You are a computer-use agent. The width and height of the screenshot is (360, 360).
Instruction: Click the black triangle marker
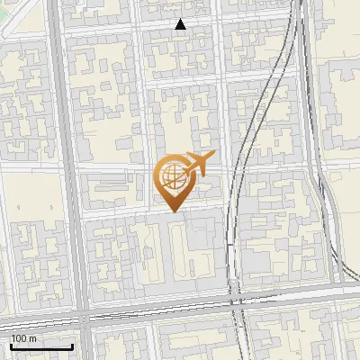point(181,24)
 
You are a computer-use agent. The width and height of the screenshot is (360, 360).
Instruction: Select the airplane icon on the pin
point(196,165)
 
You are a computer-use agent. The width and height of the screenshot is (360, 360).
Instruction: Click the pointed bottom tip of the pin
point(173,211)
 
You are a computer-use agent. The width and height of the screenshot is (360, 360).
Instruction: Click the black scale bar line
point(41,346)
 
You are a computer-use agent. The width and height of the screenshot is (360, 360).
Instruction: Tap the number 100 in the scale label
point(19,338)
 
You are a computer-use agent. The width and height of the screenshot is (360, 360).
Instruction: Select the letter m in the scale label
point(32,338)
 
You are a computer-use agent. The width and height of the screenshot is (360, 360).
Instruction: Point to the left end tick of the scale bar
point(11,345)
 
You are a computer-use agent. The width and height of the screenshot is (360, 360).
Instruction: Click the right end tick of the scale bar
point(72,345)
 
